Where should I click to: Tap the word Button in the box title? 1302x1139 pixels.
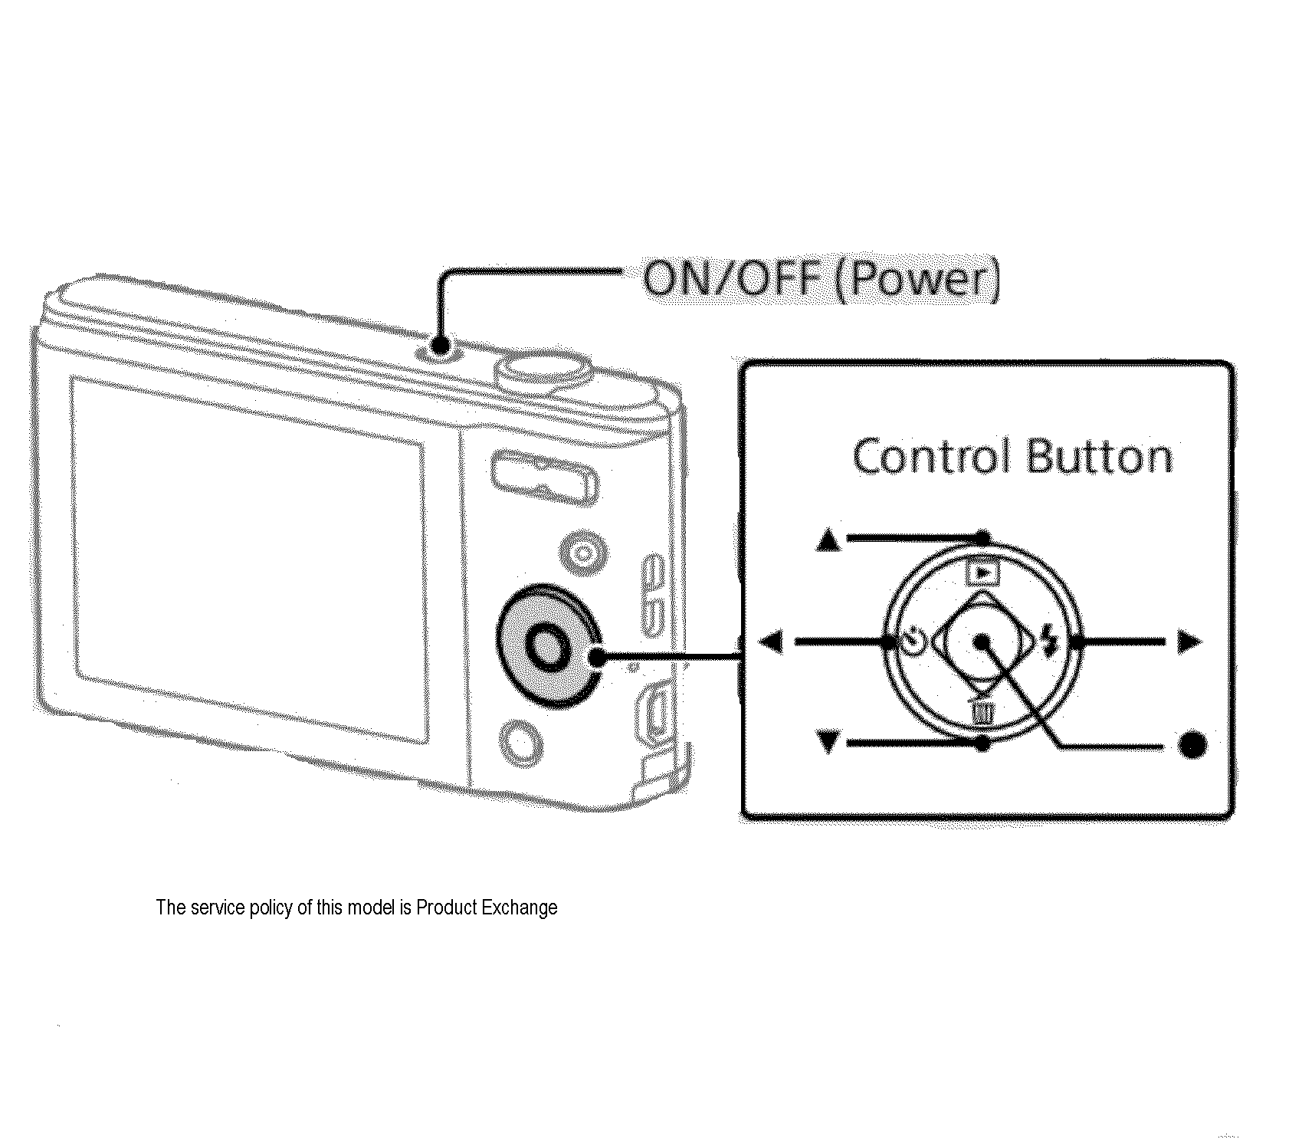coord(1099,458)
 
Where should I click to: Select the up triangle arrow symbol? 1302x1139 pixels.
coord(828,541)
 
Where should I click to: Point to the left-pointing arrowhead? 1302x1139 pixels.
coord(771,641)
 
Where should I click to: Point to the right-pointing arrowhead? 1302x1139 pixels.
coord(1189,641)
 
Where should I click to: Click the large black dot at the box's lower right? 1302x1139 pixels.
coord(1191,744)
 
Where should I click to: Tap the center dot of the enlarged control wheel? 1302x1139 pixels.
coord(982,642)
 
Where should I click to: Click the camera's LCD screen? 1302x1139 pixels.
coord(249,560)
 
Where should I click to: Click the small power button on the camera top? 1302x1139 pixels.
coord(438,347)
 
